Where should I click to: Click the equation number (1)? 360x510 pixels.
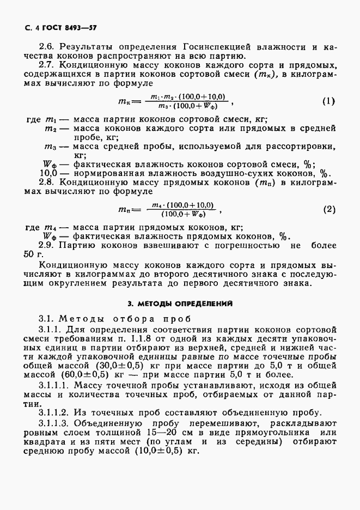click(328, 101)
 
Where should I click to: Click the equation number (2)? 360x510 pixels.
click(328, 209)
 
